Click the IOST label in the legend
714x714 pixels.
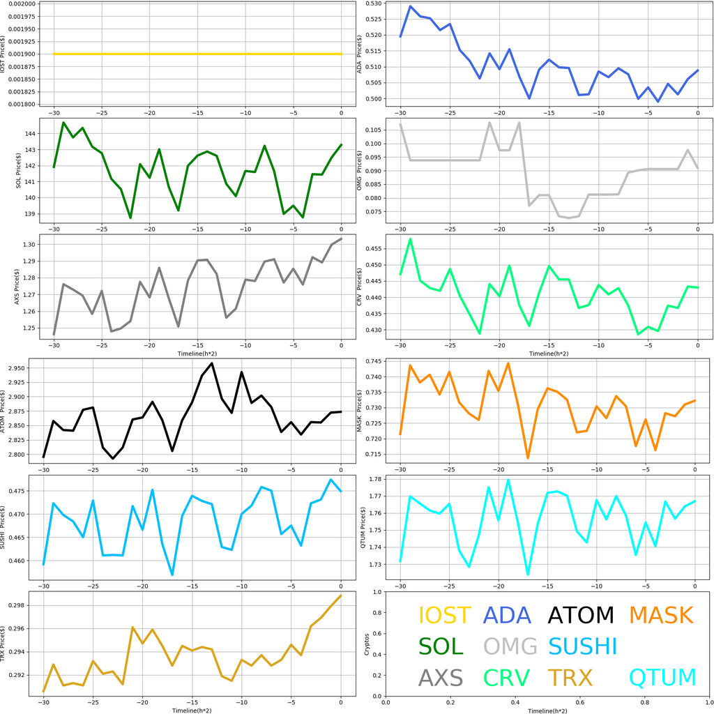[x=444, y=616]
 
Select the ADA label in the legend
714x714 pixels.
[x=507, y=616]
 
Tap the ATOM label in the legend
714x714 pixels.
[x=581, y=616]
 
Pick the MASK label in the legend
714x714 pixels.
[x=661, y=616]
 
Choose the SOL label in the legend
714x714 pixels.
[x=441, y=646]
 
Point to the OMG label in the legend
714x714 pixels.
[x=510, y=646]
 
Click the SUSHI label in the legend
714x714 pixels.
[x=583, y=646]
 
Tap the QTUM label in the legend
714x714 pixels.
[x=662, y=677]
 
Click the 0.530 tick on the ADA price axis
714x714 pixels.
[x=372, y=3]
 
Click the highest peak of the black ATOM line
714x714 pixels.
[x=212, y=363]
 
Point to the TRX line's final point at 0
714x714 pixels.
[x=341, y=595]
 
